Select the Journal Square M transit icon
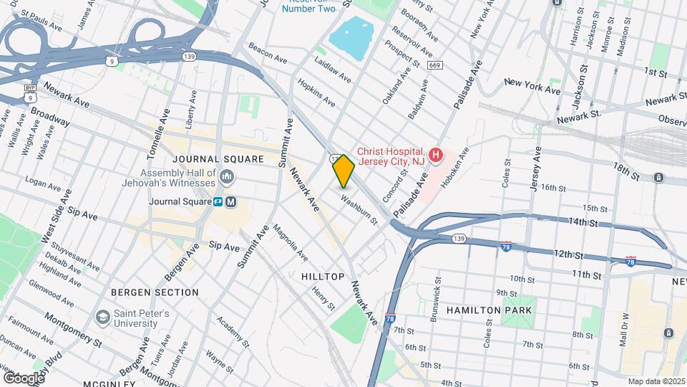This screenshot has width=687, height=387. pyautogui.click(x=230, y=202)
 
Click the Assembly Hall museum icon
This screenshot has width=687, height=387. pyautogui.click(x=227, y=176)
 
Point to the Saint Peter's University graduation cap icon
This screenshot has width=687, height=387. pyautogui.click(x=102, y=316)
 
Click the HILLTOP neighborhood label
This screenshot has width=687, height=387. pyautogui.click(x=322, y=277)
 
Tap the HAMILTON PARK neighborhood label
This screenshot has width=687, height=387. pyautogui.click(x=489, y=310)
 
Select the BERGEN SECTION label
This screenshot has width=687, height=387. pyautogui.click(x=155, y=292)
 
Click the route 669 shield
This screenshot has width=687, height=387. pyautogui.click(x=434, y=65)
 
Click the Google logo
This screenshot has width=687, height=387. pyautogui.click(x=24, y=378)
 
